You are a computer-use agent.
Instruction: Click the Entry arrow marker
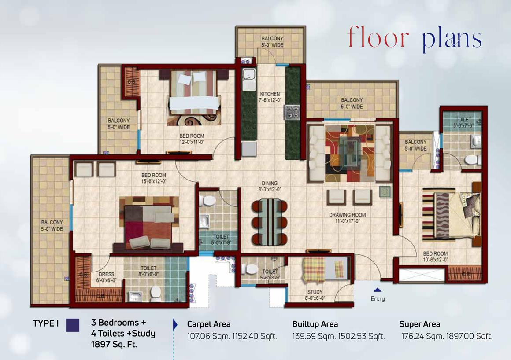click(377, 290)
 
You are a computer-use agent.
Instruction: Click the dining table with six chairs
click(270, 221)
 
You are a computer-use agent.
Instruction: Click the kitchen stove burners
click(292, 112)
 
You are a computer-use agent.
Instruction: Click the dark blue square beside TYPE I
click(73, 325)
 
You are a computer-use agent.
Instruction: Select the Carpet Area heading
click(209, 324)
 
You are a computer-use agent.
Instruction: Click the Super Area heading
click(419, 324)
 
